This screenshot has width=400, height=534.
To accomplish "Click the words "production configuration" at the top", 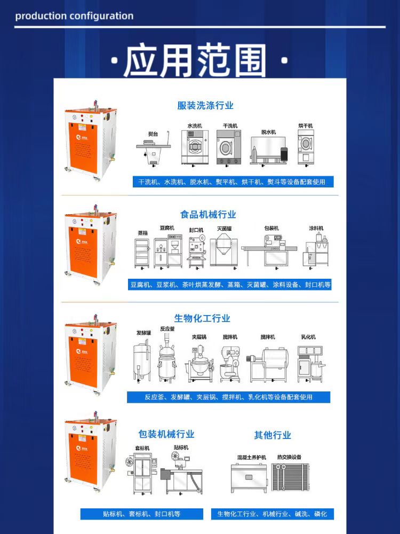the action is pyautogui.click(x=74, y=15).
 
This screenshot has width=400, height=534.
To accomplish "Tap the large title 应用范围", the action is pyautogui.click(x=195, y=61).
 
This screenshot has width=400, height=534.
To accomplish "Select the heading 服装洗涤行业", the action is pyautogui.click(x=205, y=106).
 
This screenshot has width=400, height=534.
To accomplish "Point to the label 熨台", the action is pyautogui.click(x=153, y=134).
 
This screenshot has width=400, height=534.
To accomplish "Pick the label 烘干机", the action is pyautogui.click(x=306, y=125).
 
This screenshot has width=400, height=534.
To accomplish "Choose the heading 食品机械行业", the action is pyautogui.click(x=208, y=215).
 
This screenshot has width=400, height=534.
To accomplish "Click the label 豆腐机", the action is pyautogui.click(x=167, y=228).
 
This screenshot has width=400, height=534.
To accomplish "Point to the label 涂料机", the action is pyautogui.click(x=316, y=228).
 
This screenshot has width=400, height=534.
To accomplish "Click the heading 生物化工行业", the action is pyautogui.click(x=202, y=318).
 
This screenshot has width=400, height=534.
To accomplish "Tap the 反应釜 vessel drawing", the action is pyautogui.click(x=167, y=358).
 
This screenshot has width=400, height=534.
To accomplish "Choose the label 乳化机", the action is pyautogui.click(x=308, y=337).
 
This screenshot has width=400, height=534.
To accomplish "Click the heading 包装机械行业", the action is pyautogui.click(x=166, y=434).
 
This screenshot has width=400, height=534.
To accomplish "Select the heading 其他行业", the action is pyautogui.click(x=273, y=435).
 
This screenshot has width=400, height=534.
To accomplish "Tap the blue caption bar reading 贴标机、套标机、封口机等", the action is pyautogui.click(x=141, y=514).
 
